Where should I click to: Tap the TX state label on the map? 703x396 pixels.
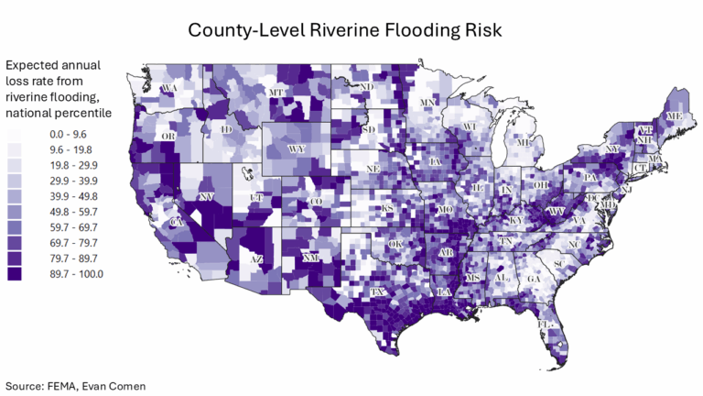coord(377,292)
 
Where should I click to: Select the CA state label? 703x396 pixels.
coord(178,222)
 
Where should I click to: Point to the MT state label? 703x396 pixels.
coord(274,93)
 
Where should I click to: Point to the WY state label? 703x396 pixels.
coord(297,148)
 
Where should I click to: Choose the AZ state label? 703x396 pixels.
coord(257,259)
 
